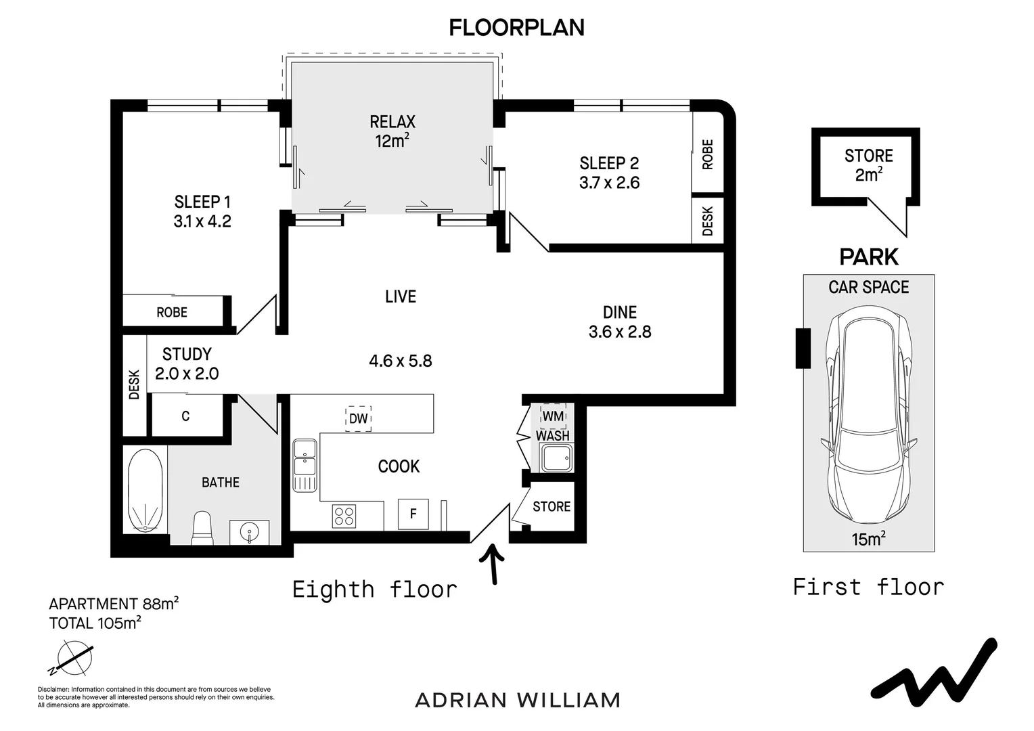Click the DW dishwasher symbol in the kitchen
pos(359,418)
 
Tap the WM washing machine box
pos(553,416)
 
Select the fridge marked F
pos(413,514)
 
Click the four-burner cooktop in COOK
pos(344,516)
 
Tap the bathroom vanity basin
pos(250,531)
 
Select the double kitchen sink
pos(305,464)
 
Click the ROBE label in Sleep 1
pos(172,313)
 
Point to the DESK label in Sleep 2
pos(708,221)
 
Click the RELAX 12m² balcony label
pos(392,131)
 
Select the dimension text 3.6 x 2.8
pos(620,332)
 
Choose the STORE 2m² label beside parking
pos(868,165)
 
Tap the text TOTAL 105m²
pos(95,623)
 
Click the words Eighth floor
pos(374,590)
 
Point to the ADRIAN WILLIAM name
pos(518,700)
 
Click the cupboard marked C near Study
pos(185,416)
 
